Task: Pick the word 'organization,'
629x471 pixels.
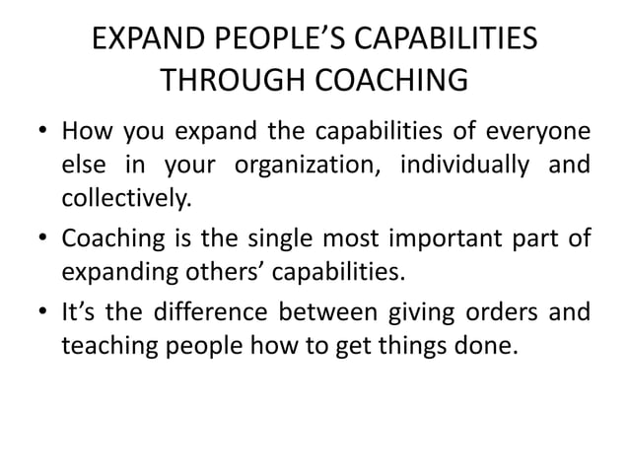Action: pyautogui.click(x=312, y=166)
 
